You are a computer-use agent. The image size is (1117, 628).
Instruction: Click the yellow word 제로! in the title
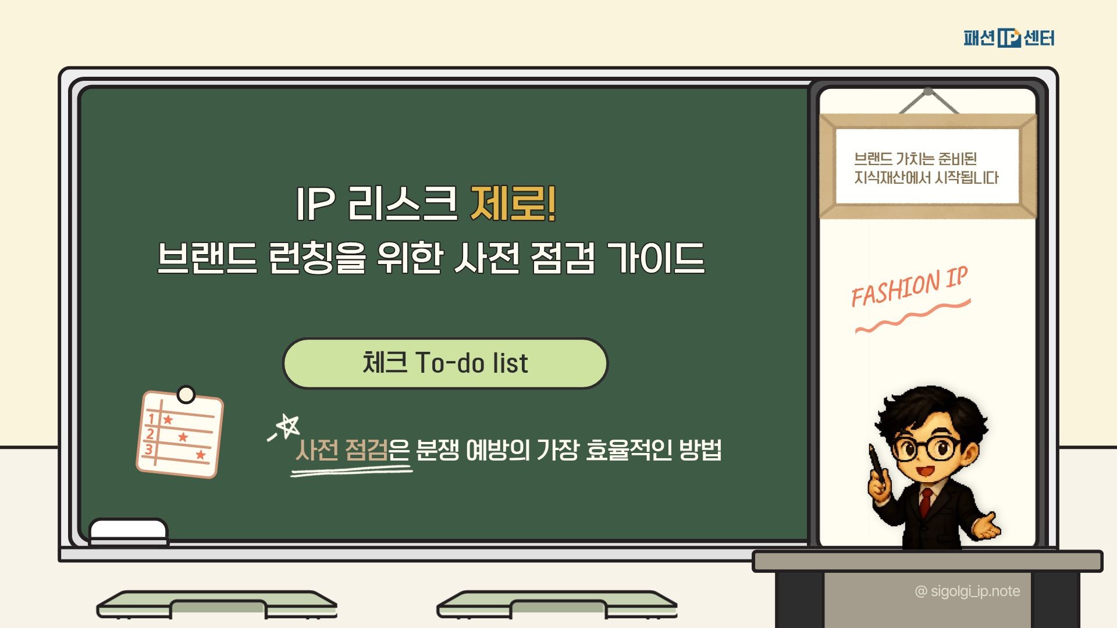pyautogui.click(x=513, y=204)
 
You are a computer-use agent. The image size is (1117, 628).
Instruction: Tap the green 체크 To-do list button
pyautogui.click(x=445, y=363)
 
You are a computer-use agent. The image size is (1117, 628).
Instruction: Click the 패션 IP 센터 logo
pyautogui.click(x=1009, y=38)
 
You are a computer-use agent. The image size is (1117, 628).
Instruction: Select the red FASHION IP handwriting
pyautogui.click(x=909, y=287)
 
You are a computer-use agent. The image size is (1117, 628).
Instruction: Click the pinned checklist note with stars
pyautogui.click(x=180, y=433)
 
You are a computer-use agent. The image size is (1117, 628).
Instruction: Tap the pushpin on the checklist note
pyautogui.click(x=186, y=395)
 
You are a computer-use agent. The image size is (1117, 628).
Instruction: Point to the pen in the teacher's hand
pyautogui.click(x=877, y=465)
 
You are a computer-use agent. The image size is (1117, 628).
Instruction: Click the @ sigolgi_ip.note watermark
pyautogui.click(x=967, y=591)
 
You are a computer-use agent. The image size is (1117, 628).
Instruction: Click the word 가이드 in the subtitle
pyautogui.click(x=656, y=258)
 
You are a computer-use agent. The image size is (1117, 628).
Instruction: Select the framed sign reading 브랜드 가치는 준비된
pyautogui.click(x=928, y=166)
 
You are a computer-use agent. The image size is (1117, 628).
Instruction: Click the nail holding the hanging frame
pyautogui.click(x=929, y=91)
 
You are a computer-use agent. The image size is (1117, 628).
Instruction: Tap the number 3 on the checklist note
pyautogui.click(x=149, y=449)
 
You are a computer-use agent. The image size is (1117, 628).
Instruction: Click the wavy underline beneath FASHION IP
pyautogui.click(x=913, y=316)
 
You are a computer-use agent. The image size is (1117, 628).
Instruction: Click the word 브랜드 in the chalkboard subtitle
pyautogui.click(x=207, y=258)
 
